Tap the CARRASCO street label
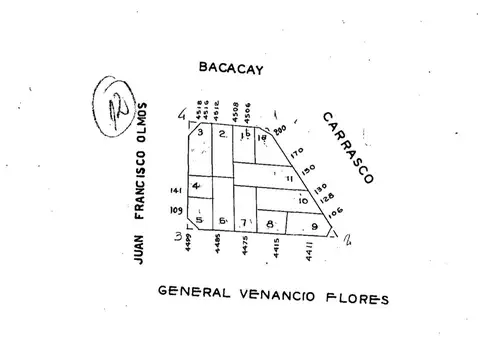[x=347, y=147]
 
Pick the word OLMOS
[x=141, y=121]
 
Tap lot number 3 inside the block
[x=200, y=133]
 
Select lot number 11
[x=289, y=179]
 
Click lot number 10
[x=302, y=201]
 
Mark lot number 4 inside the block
[x=196, y=185]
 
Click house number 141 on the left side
[x=177, y=189]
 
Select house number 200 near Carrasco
[x=280, y=130]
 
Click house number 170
[x=296, y=153]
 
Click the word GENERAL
[x=193, y=293]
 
